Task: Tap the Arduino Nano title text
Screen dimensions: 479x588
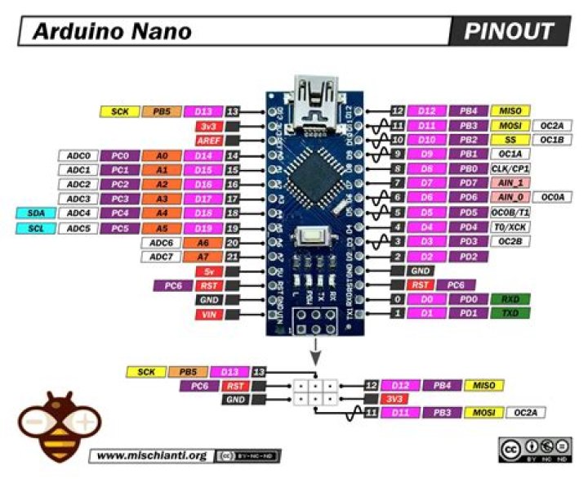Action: (112, 32)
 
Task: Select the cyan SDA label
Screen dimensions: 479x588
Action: (36, 213)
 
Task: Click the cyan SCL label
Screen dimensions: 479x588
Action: (36, 228)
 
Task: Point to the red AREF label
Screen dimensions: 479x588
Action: (207, 140)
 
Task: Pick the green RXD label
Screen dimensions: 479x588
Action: (510, 300)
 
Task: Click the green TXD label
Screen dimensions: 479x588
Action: (510, 314)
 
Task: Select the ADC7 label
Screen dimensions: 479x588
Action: (160, 257)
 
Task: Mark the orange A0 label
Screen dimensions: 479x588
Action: (160, 155)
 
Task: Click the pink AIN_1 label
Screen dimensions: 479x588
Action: (510, 183)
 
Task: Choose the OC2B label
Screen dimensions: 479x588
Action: (510, 241)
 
